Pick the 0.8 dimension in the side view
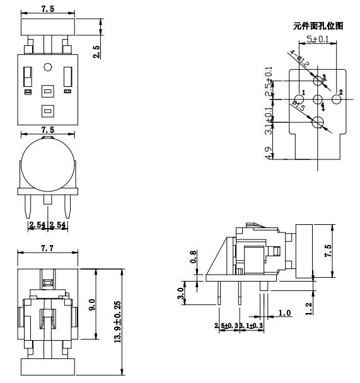[194, 256]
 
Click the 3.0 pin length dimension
[182, 293]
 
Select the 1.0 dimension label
[284, 313]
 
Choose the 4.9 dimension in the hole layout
[270, 153]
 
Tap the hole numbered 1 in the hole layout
[298, 99]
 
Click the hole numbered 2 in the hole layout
[337, 99]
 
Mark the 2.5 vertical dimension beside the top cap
[96, 52]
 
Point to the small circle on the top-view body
[47, 67]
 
